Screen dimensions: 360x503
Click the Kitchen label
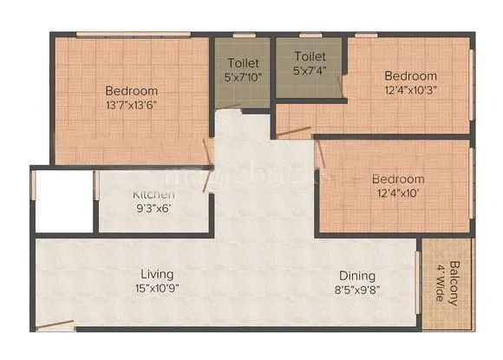[x=153, y=194]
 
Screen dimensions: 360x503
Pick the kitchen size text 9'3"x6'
[x=153, y=208]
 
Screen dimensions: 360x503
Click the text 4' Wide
[x=441, y=282]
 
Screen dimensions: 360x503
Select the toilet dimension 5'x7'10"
[x=244, y=76]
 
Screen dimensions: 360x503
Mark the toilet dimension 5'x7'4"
[x=308, y=71]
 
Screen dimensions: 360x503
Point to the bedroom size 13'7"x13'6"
[x=132, y=104]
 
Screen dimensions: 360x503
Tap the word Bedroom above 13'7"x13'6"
[x=132, y=90]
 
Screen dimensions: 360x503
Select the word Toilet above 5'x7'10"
[x=244, y=62]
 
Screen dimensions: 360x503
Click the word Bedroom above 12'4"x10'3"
[x=411, y=74]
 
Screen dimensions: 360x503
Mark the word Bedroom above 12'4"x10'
[x=398, y=179]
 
